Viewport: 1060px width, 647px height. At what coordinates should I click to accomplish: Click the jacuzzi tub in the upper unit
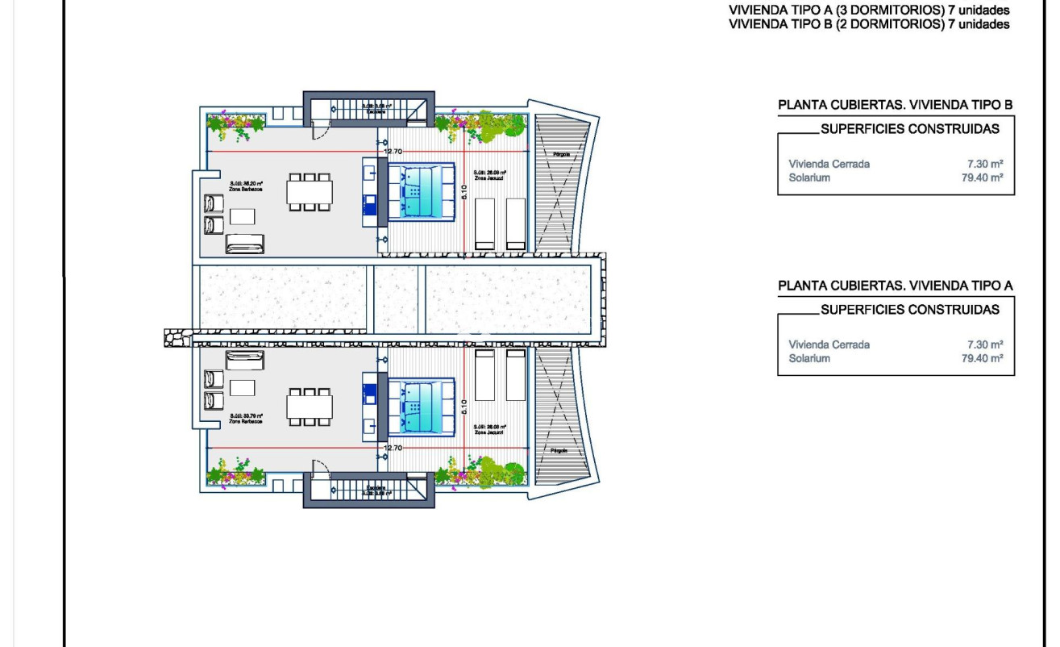[421, 192]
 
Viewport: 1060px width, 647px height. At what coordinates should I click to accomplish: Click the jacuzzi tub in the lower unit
[421, 408]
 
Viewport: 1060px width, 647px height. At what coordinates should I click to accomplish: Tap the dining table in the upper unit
[310, 192]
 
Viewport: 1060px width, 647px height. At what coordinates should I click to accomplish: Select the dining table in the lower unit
[310, 407]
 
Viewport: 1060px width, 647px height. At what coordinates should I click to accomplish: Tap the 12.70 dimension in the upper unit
[393, 151]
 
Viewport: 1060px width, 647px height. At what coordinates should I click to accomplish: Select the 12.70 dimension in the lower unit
[393, 448]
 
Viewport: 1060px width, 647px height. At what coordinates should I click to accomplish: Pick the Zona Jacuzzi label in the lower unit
[490, 431]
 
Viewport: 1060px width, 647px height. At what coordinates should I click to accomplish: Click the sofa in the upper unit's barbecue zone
[244, 243]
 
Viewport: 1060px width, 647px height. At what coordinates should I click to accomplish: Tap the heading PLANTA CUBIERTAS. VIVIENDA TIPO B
[895, 105]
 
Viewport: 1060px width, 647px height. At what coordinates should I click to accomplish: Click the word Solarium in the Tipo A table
[809, 358]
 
